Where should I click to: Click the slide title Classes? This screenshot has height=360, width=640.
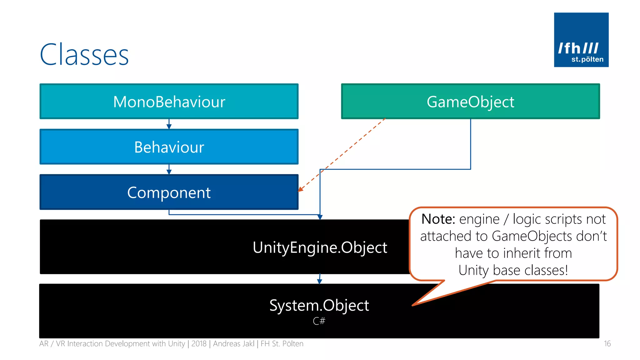tap(84, 55)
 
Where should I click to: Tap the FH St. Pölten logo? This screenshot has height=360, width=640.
tap(581, 40)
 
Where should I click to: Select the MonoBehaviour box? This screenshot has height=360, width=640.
tap(169, 102)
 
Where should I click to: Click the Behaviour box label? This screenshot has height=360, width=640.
tap(169, 147)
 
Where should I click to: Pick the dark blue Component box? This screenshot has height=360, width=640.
tap(169, 192)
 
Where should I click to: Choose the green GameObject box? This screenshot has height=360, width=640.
tap(470, 102)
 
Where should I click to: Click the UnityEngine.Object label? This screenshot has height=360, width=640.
tap(320, 247)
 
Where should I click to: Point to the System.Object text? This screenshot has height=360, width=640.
tap(319, 305)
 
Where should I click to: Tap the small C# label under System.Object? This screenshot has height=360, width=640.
tap(319, 321)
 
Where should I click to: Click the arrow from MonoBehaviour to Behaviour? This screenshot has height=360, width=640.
tap(169, 124)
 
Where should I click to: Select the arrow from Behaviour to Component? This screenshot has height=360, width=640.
tap(169, 170)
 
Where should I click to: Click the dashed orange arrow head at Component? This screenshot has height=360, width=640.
tap(301, 189)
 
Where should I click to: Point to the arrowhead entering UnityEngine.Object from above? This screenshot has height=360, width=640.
tap(320, 217)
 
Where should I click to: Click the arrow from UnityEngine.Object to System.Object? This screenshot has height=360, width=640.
tap(319, 279)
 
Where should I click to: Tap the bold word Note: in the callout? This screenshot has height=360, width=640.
tap(438, 219)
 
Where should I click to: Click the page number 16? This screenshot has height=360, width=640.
tap(607, 344)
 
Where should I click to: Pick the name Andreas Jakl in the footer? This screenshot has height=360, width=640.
tap(234, 344)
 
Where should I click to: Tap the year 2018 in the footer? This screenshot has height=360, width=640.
tap(199, 344)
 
